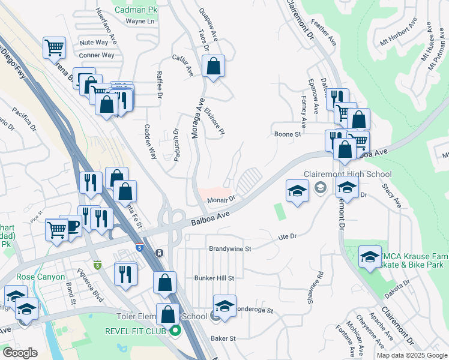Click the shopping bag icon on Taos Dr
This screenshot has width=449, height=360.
point(213,67)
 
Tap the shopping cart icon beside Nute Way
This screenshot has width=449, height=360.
point(55,47)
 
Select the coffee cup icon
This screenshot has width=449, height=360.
point(71,226)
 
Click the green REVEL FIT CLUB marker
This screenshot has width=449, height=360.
point(175,330)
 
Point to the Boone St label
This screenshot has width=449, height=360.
point(287,134)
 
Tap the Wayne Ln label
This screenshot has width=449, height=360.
point(139,21)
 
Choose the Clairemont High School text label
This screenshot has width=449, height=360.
point(347,174)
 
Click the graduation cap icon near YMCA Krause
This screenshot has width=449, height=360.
point(370,257)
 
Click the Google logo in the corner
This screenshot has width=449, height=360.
point(20,352)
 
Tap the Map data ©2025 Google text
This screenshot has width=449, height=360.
point(412,355)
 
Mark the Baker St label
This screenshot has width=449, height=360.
point(223,339)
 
